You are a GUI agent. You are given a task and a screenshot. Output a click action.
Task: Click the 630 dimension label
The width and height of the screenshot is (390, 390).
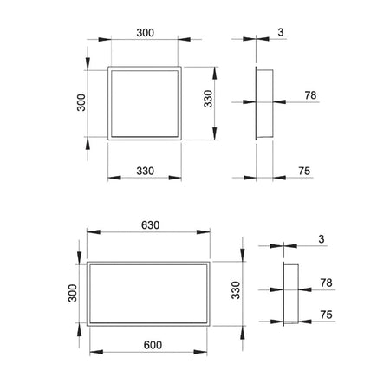click(x=150, y=225)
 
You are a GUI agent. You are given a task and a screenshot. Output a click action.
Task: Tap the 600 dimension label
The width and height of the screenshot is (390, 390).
click(x=153, y=345)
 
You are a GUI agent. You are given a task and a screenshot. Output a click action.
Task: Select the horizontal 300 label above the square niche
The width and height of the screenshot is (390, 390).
click(x=145, y=33)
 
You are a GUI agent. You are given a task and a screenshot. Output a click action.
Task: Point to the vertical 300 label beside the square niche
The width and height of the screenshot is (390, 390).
click(x=81, y=102)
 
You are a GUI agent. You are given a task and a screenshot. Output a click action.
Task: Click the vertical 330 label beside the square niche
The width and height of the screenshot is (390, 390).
click(x=208, y=99)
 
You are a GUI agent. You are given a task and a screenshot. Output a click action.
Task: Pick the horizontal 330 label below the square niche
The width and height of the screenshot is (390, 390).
click(x=145, y=171)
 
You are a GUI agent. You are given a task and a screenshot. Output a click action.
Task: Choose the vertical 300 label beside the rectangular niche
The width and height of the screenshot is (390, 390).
click(x=73, y=293)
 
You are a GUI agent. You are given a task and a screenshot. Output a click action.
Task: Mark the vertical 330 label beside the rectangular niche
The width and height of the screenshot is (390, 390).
click(x=236, y=290)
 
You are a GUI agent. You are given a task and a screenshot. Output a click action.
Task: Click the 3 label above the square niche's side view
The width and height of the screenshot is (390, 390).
click(x=281, y=32)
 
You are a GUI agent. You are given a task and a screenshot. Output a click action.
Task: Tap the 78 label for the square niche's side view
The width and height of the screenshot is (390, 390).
click(x=310, y=95)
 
